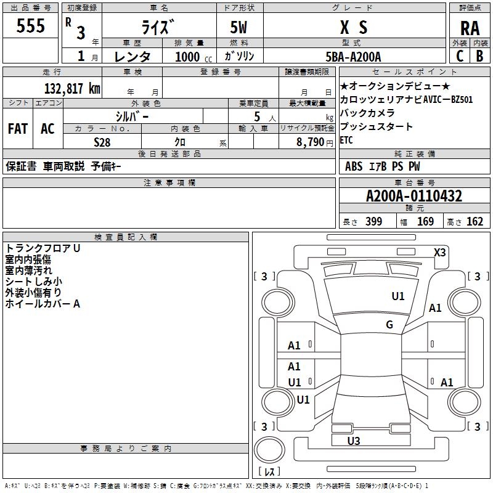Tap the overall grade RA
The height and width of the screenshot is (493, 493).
(470, 28)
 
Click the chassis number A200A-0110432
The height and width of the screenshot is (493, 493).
(414, 197)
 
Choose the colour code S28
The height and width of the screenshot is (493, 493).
(102, 141)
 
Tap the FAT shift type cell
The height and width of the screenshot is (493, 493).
(18, 129)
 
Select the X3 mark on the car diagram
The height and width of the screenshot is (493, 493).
(439, 252)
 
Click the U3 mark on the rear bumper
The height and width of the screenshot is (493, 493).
(354, 441)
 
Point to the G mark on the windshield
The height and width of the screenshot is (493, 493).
(389, 325)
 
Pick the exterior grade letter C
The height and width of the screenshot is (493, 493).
(460, 56)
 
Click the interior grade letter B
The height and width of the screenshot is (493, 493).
(479, 56)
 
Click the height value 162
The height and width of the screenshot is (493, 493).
(475, 222)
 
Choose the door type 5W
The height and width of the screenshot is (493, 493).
(240, 28)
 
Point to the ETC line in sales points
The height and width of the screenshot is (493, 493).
(346, 141)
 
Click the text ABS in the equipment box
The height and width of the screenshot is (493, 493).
(354, 166)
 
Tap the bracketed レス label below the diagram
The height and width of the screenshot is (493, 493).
(269, 472)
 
